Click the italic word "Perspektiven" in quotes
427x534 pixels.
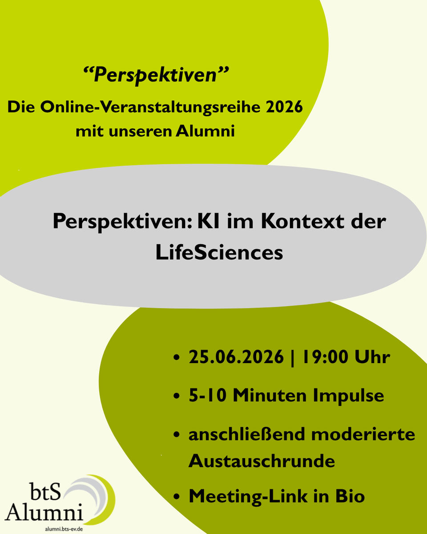pos(156,75)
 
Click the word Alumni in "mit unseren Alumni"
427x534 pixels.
pos(205,131)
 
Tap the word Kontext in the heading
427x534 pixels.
pos(302,221)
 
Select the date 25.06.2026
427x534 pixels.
pos(236,357)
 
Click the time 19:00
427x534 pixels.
pos(325,357)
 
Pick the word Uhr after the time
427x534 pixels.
pos(372,357)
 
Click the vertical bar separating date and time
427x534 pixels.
pos(293,358)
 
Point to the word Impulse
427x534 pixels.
pos(348,396)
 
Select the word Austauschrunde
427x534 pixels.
pos(262,461)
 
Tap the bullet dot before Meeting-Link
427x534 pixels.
pos(177,497)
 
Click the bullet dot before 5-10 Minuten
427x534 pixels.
pos(177,396)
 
